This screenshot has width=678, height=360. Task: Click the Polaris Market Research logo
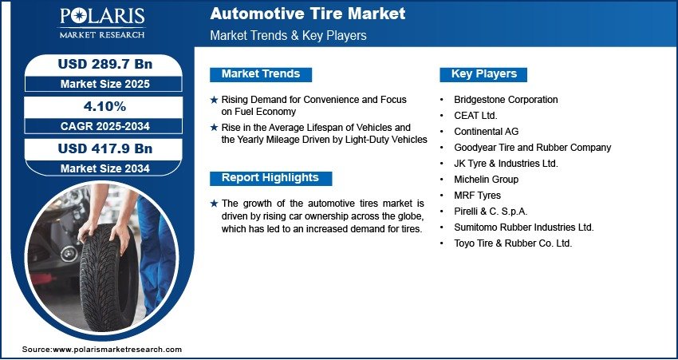tap(102, 22)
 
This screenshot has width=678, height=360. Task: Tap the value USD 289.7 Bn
tap(105, 64)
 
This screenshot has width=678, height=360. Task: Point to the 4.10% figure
tap(105, 106)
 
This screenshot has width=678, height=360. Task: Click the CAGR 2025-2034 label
tap(105, 126)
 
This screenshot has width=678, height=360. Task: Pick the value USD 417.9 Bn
tap(105, 148)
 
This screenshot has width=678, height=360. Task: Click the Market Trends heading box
tap(261, 74)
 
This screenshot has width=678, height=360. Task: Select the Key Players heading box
tap(483, 74)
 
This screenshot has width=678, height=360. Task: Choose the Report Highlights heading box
tap(270, 178)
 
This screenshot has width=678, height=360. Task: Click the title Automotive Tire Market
tap(307, 14)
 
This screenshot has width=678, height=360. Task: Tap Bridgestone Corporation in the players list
tap(506, 100)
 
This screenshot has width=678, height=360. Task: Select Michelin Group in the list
tap(486, 179)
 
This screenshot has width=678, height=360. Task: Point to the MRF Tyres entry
tap(477, 195)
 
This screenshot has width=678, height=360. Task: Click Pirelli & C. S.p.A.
tap(491, 212)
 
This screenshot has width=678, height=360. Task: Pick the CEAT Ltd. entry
tap(475, 116)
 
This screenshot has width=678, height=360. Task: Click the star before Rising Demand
tap(214, 100)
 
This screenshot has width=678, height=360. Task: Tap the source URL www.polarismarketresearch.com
tap(117, 349)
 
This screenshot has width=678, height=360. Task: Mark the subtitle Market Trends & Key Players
tap(288, 35)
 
